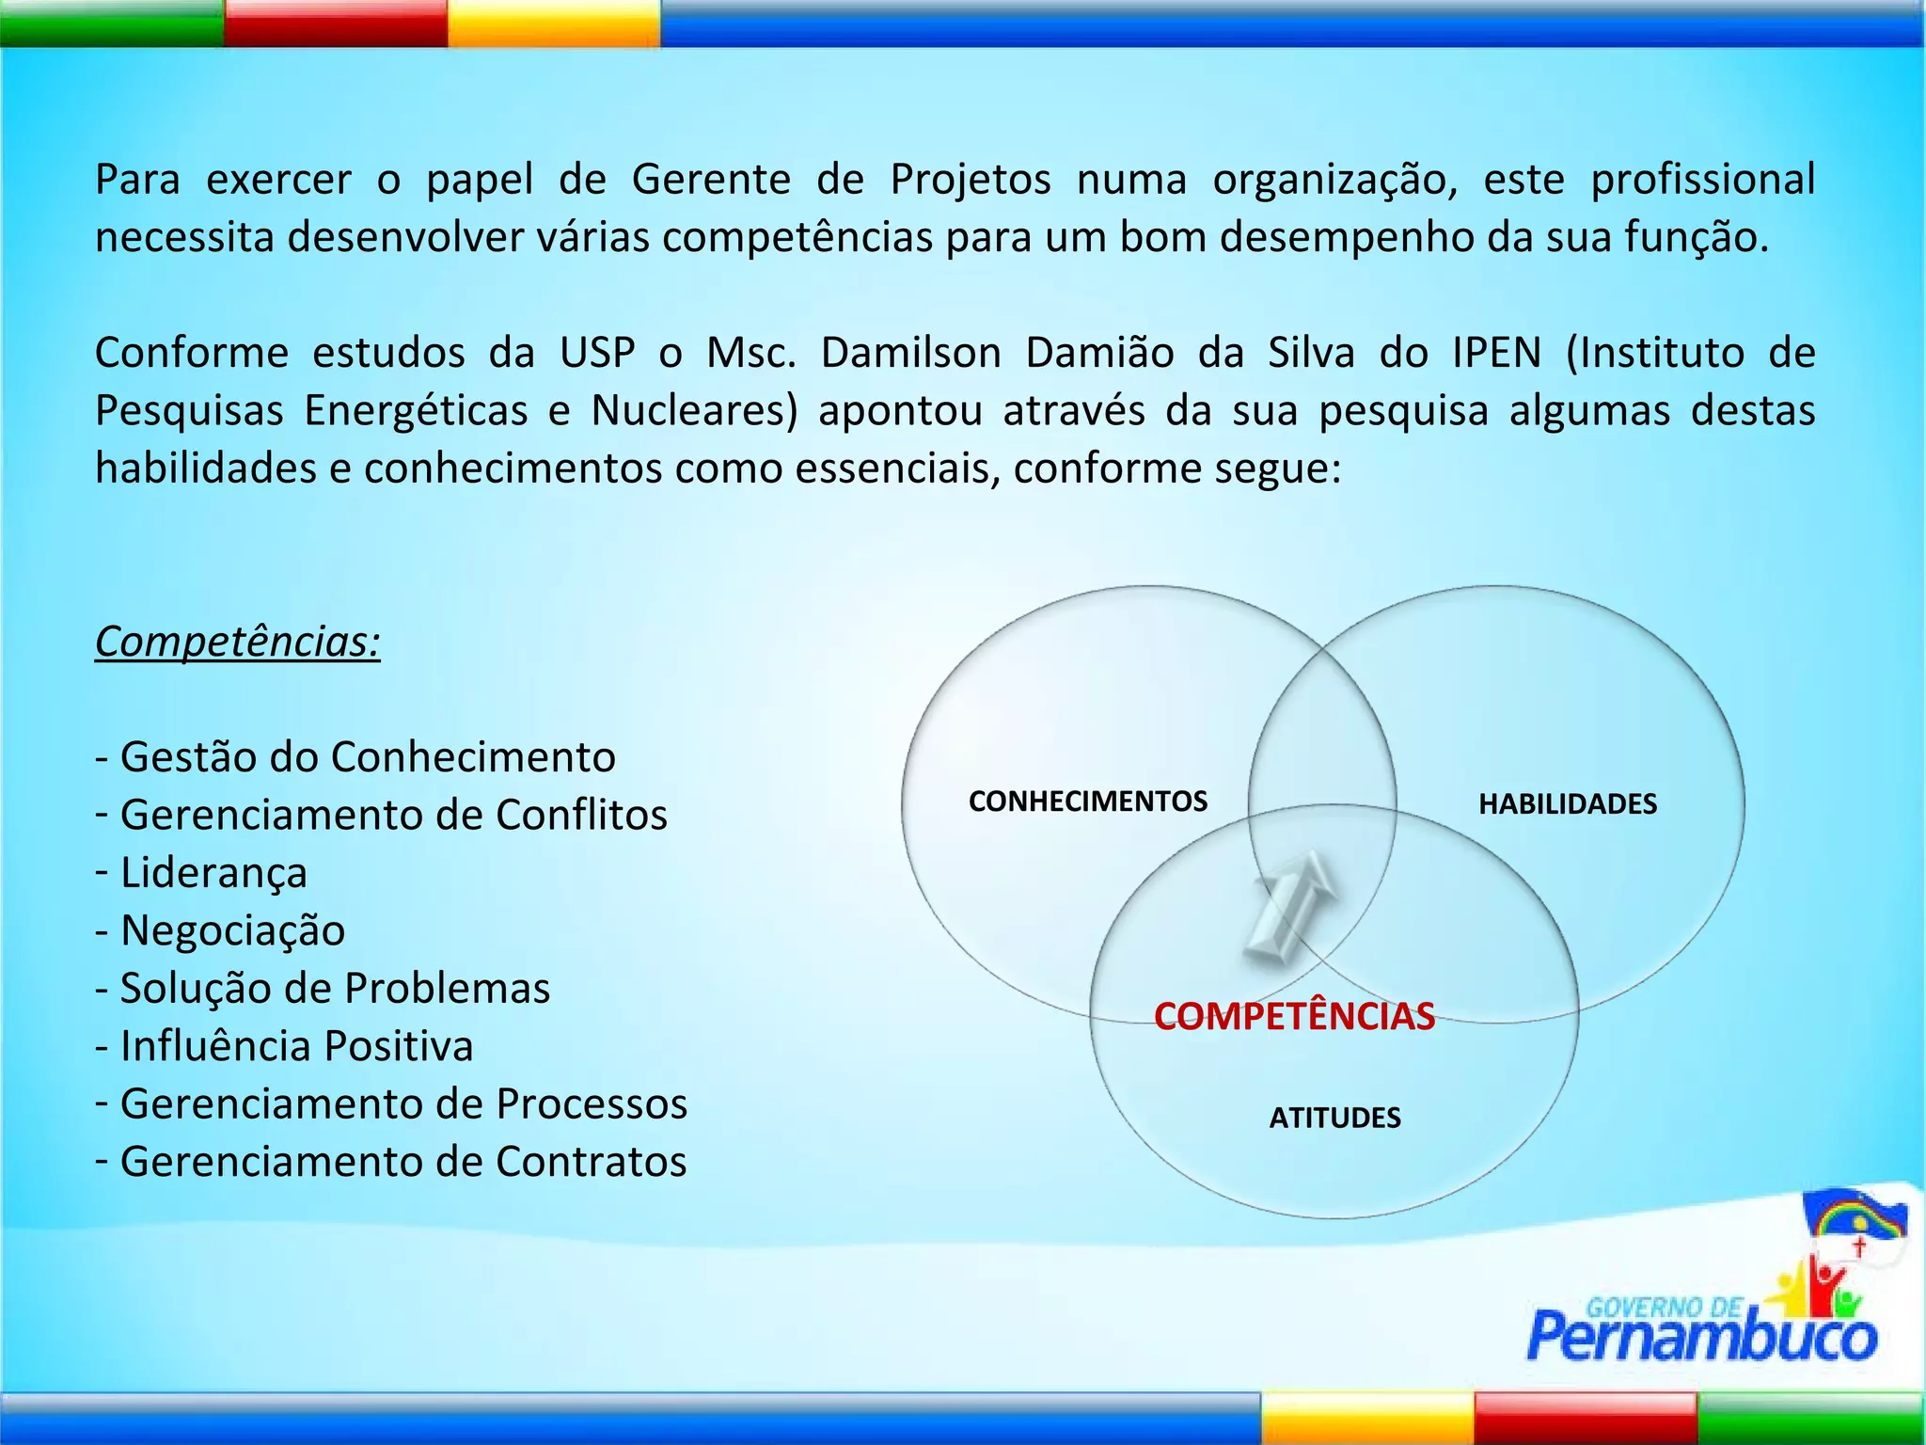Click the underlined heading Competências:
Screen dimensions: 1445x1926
pos(237,643)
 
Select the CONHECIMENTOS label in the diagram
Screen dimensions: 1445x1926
pos(1087,802)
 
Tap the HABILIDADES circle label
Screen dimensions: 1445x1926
pos(1567,804)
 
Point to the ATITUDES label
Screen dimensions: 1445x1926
pos(1334,1118)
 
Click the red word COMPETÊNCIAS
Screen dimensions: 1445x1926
pos(1294,1017)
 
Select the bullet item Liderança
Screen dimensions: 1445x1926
pos(213,873)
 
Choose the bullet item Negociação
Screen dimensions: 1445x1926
pos(231,931)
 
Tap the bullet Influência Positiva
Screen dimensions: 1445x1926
pos(295,1047)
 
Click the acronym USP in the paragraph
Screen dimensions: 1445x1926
pos(597,354)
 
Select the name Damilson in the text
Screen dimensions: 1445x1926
pos(910,354)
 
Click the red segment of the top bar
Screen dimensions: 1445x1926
pos(335,23)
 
